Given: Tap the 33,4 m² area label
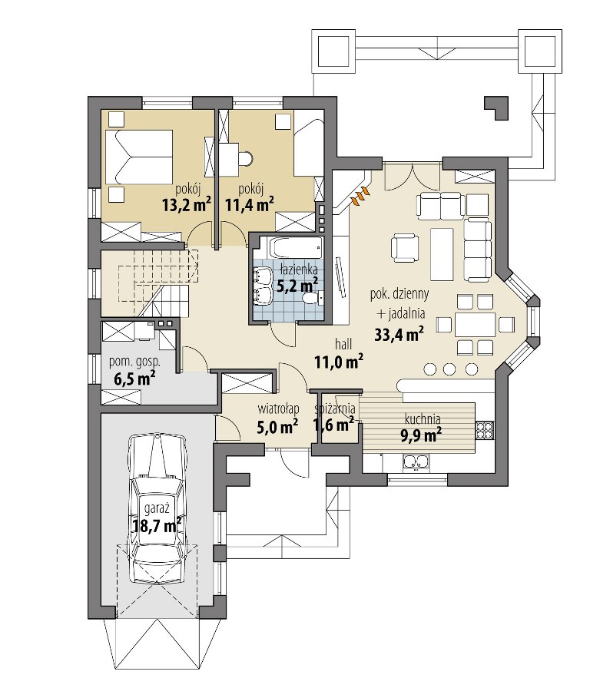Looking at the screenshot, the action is coord(399,334).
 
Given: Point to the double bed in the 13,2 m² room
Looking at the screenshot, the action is coord(138,156).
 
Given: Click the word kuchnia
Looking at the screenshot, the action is coord(423,419).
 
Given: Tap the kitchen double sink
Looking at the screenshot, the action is coord(416,462).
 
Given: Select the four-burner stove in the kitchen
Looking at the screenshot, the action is coord(485,430).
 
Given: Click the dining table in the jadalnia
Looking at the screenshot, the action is coord(475,324).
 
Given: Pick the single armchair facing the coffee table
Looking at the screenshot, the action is coord(405,248).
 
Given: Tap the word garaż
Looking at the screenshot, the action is coord(156,509).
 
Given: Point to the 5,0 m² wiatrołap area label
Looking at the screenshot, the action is coord(277,427).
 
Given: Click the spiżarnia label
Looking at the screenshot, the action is coord(336,408).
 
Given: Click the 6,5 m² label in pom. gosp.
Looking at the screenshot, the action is coord(134,379).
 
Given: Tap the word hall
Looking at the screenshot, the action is coord(343,345).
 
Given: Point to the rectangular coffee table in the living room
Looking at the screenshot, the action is coord(442,254).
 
